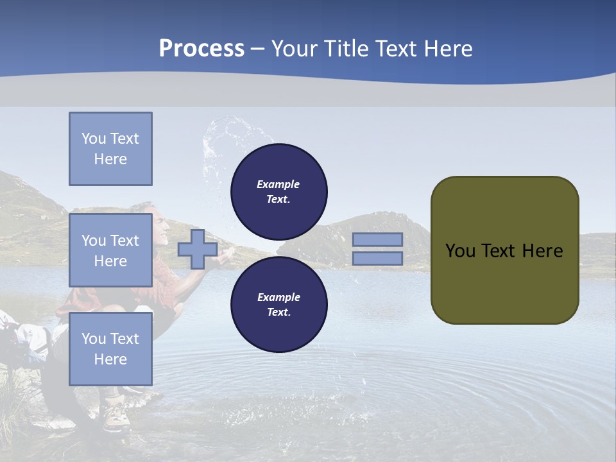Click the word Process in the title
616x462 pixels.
pyautogui.click(x=201, y=49)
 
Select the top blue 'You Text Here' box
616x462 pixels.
pyautogui.click(x=110, y=149)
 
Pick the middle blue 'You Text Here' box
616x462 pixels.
pyautogui.click(x=110, y=250)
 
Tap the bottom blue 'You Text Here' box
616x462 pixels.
pyautogui.click(x=110, y=348)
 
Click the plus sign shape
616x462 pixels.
pyautogui.click(x=197, y=249)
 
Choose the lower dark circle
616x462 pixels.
pyautogui.click(x=278, y=304)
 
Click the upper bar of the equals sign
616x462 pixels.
pyautogui.click(x=377, y=239)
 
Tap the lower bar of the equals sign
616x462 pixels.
pyautogui.click(x=377, y=259)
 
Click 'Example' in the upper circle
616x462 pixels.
pyautogui.click(x=278, y=184)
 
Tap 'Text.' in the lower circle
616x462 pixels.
pyautogui.click(x=278, y=312)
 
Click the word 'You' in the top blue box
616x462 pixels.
pyautogui.click(x=92, y=139)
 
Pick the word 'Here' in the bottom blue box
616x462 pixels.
pyautogui.click(x=110, y=359)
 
